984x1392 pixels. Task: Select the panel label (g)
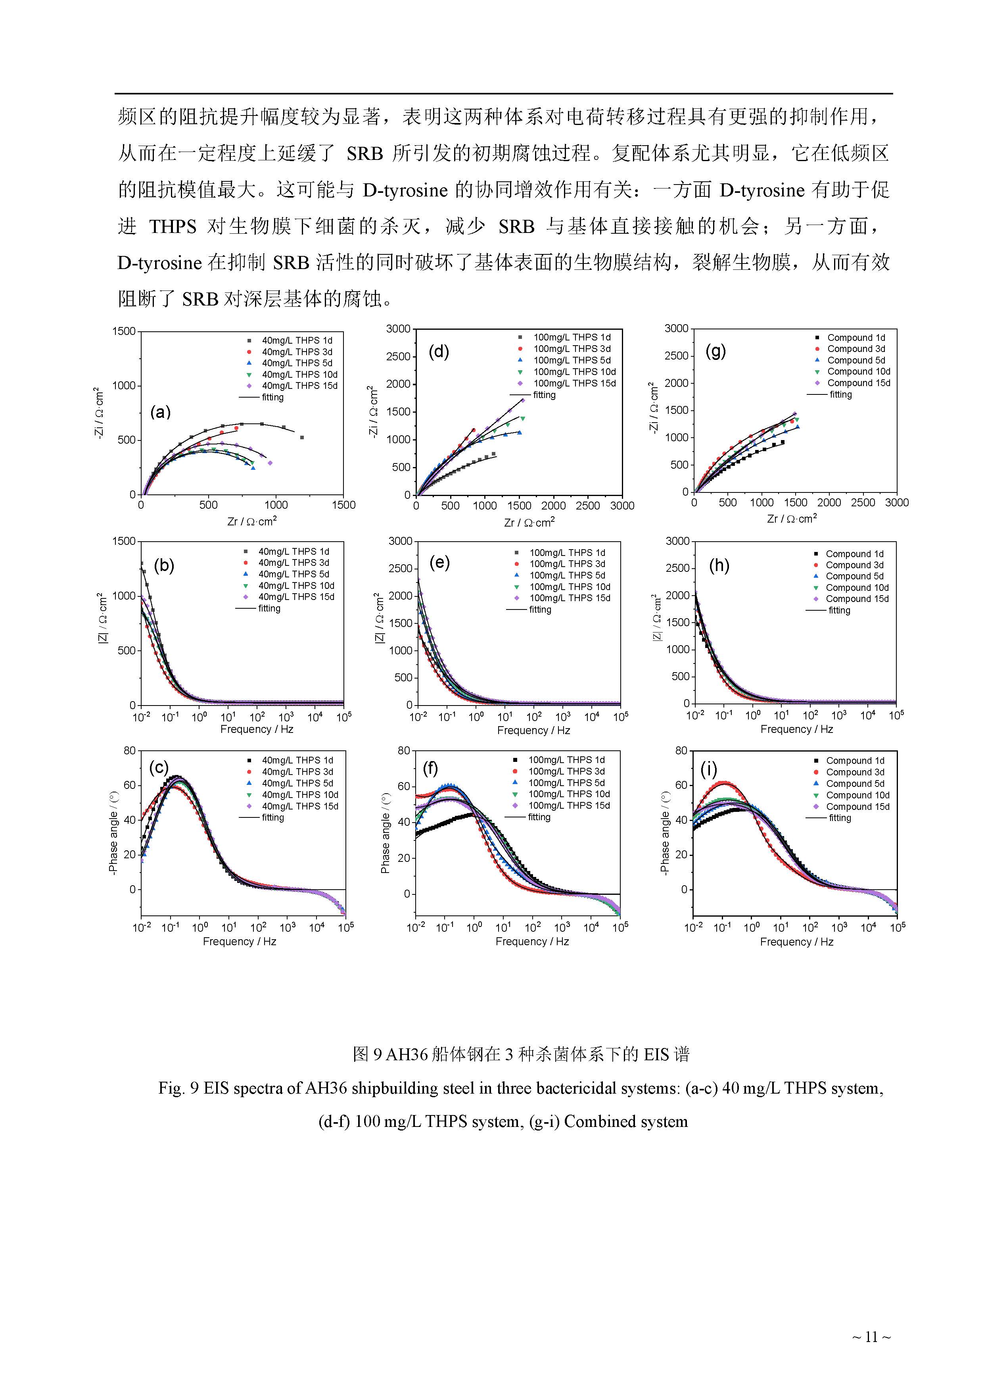[x=715, y=351]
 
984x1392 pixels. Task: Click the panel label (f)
[x=430, y=769]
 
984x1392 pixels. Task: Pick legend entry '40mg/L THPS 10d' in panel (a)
[x=299, y=375]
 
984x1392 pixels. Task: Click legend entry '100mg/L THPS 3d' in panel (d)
[x=572, y=349]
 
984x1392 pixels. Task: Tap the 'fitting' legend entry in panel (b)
[x=269, y=608]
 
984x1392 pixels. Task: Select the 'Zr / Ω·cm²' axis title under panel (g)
[x=791, y=519]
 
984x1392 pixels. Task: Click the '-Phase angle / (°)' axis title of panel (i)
[x=665, y=833]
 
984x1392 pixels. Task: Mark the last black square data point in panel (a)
[x=302, y=437]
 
